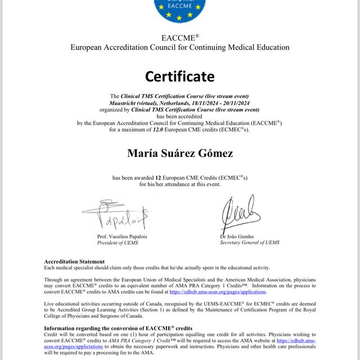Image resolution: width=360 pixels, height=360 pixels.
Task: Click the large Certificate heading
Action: point(179,76)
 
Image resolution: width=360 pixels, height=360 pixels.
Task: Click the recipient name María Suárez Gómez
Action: point(179,153)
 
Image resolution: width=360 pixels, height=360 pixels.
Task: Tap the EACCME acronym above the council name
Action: point(179,38)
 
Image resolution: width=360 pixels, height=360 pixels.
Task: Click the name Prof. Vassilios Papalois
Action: point(125,237)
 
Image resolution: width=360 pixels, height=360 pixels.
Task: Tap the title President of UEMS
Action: point(118,243)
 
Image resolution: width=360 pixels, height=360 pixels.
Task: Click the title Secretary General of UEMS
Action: point(250,243)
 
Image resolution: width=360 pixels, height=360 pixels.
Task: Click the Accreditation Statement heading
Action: point(74,262)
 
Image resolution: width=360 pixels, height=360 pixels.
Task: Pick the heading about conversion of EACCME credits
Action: point(118,328)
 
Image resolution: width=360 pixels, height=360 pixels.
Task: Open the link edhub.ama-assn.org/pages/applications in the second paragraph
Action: point(218,292)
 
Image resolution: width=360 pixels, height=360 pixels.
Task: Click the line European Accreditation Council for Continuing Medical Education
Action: point(179,47)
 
